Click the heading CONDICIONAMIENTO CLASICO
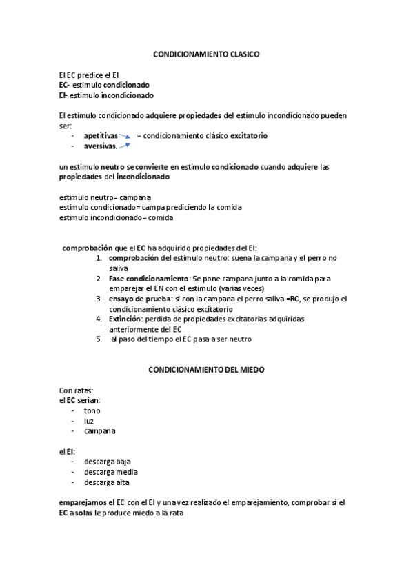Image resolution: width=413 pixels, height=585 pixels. click(206, 53)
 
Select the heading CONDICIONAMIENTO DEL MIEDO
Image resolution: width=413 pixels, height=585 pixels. click(206, 370)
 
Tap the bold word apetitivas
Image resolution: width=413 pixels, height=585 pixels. click(101, 136)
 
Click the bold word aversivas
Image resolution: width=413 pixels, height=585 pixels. click(100, 146)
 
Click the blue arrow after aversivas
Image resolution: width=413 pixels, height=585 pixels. click(125, 146)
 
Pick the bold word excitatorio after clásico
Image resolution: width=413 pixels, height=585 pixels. click(248, 136)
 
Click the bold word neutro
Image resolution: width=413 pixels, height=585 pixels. click(112, 167)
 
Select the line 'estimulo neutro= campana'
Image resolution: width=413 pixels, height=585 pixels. click(105, 197)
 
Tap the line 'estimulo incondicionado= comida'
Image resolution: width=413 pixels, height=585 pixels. click(116, 217)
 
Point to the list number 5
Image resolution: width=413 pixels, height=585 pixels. click(99, 339)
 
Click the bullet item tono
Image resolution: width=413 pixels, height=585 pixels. click(92, 410)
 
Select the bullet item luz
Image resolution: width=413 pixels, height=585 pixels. click(89, 421)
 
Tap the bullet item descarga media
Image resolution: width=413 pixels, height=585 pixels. click(110, 472)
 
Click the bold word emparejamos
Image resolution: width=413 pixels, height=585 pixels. click(83, 503)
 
